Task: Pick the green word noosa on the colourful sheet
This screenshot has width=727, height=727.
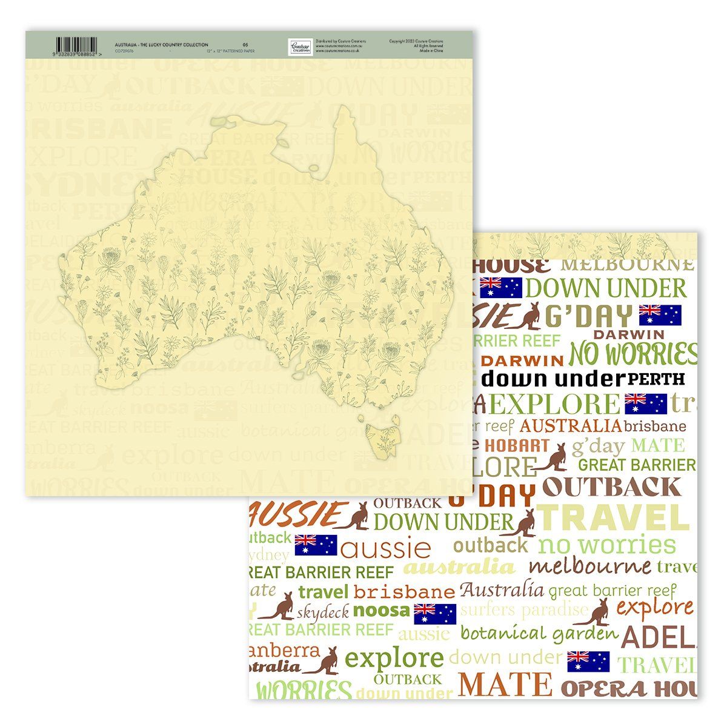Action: (381, 610)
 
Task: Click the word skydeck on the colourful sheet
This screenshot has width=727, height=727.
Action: (323, 612)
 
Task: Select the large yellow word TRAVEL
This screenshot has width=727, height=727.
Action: (613, 519)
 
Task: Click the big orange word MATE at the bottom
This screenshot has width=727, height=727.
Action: (505, 684)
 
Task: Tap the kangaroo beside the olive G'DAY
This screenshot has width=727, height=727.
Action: (527, 314)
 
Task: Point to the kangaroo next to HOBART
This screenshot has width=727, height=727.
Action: (552, 457)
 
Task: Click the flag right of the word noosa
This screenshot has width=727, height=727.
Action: (435, 614)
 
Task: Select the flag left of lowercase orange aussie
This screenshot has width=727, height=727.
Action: (316, 545)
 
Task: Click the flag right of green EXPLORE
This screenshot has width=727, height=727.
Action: (645, 403)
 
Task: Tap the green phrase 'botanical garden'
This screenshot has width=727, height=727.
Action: (539, 634)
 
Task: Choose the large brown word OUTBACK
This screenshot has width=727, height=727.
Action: (611, 487)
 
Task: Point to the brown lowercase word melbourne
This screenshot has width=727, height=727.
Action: (589, 567)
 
